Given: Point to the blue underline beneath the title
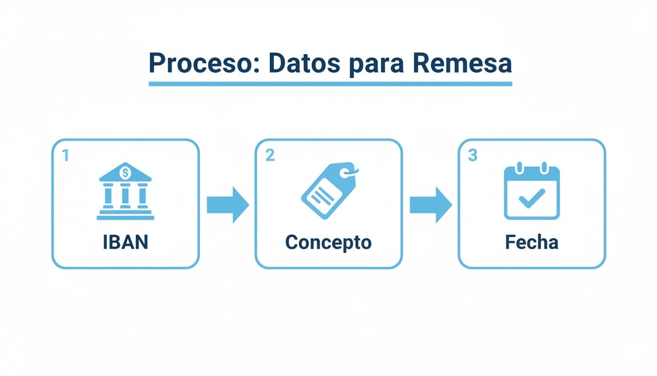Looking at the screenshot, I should coord(330,84).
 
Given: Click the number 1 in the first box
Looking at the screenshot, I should coord(66,155).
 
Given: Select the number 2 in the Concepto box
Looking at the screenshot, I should coord(270,155).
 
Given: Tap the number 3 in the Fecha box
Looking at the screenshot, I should coord(472,155).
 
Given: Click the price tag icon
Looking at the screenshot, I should coord(327,191).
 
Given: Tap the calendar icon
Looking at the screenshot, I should coord(531,192).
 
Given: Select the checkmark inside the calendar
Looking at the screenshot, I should coord(531,198).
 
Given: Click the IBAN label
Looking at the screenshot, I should coord(125,242).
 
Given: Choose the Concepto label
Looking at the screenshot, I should coord(328,242).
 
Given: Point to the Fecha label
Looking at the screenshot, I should coord(531,242).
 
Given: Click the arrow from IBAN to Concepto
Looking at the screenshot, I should coord(227,205).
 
